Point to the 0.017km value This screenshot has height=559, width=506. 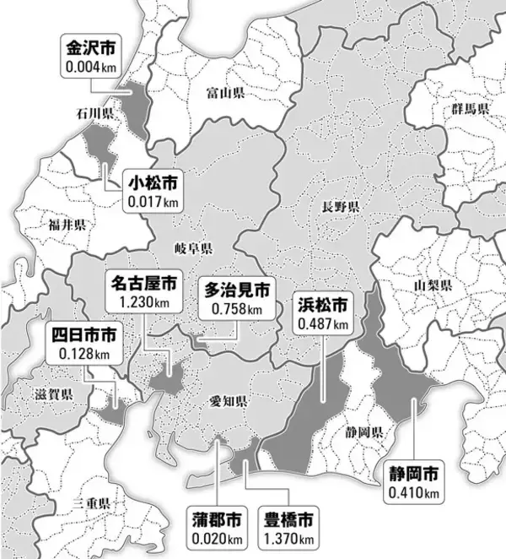(153, 202)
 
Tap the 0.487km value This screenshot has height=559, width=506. (322, 323)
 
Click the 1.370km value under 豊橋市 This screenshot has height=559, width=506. (289, 537)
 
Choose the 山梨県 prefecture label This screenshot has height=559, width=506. (433, 286)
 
